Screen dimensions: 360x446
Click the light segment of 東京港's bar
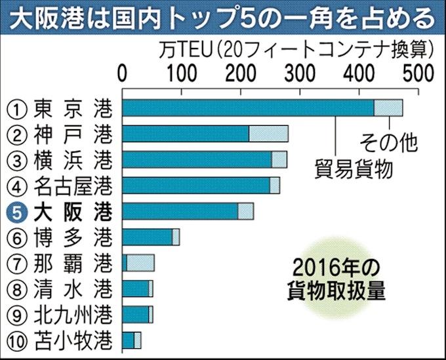388,108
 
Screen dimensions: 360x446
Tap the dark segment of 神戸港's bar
186,134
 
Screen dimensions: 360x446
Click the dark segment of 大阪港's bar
180,211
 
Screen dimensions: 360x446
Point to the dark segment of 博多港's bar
147,237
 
